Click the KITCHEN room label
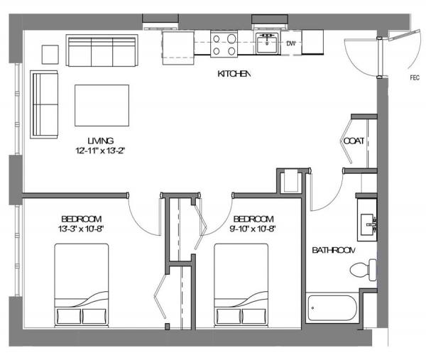[234, 74]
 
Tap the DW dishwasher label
[290, 43]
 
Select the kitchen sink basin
[267, 43]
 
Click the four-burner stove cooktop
[224, 44]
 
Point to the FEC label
[415, 77]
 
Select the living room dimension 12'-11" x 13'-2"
[100, 151]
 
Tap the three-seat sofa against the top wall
[102, 50]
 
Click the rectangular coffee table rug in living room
[102, 105]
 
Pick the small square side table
[50, 55]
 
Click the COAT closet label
[354, 141]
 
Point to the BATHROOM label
[334, 250]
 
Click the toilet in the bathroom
[364, 270]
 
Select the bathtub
[332, 308]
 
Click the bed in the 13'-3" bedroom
[82, 285]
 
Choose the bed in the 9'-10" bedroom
[241, 285]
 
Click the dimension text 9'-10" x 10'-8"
[253, 229]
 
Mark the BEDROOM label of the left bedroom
[82, 219]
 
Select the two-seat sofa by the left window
[44, 104]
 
